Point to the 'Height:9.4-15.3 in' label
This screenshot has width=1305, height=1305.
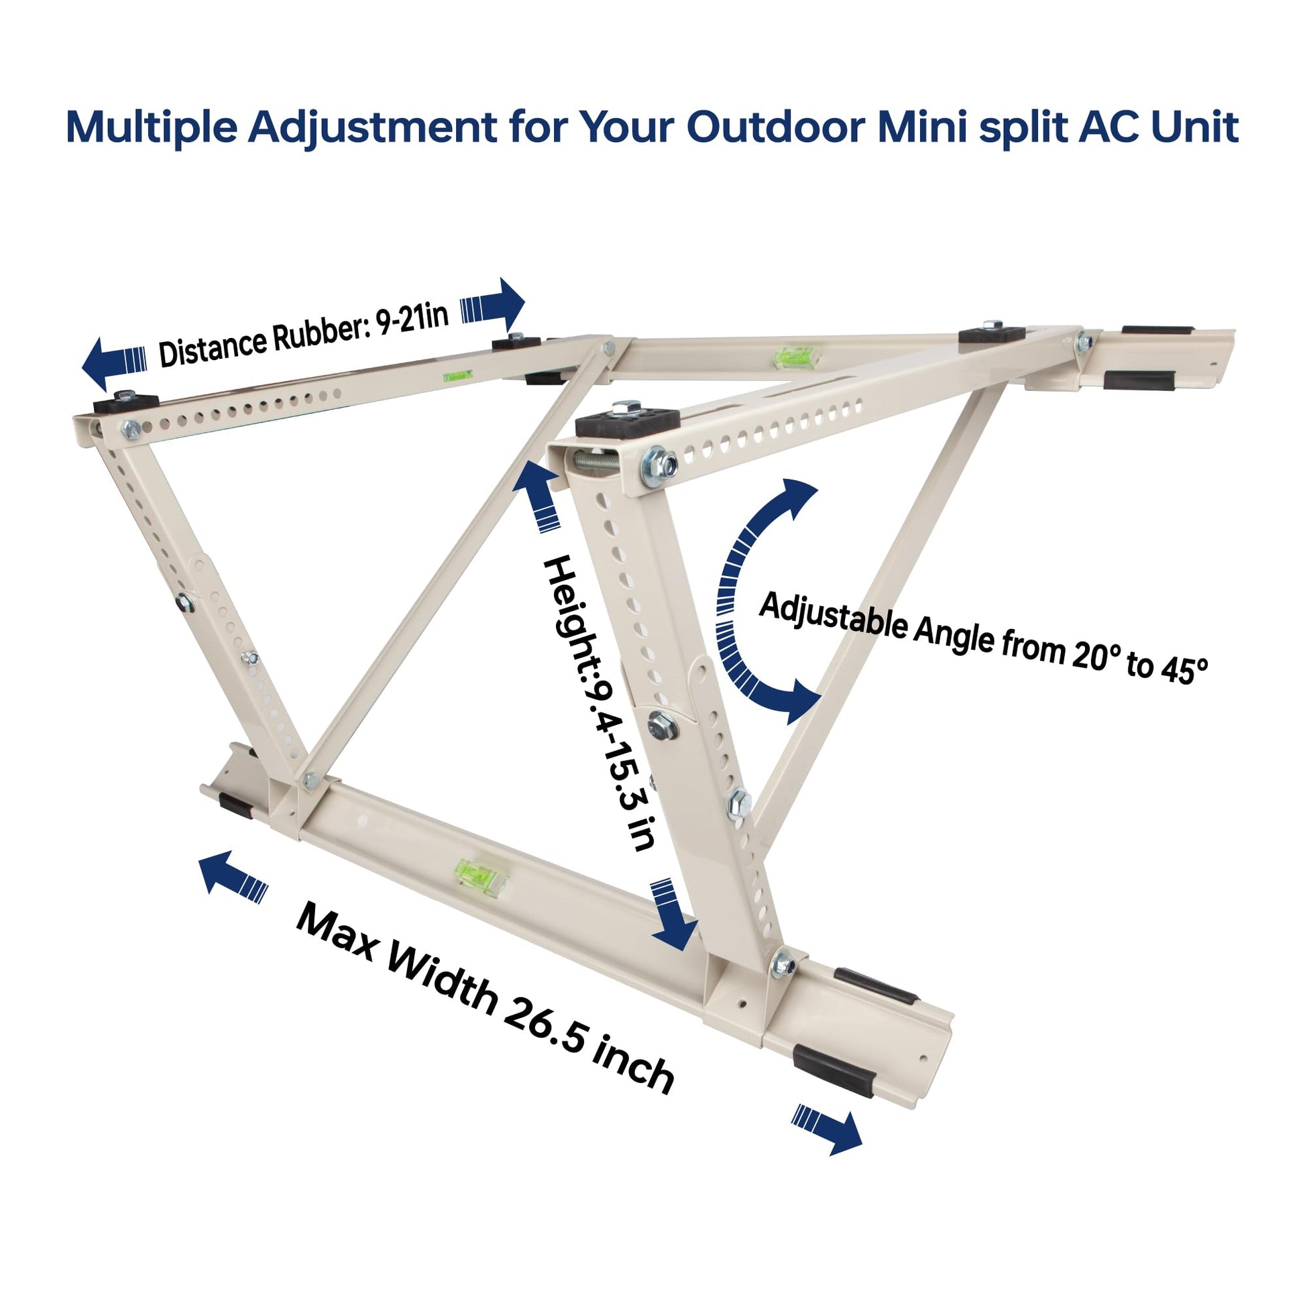[x=597, y=703]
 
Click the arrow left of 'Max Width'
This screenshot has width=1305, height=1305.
[x=234, y=877]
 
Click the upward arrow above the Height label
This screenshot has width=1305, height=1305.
[x=537, y=494]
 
